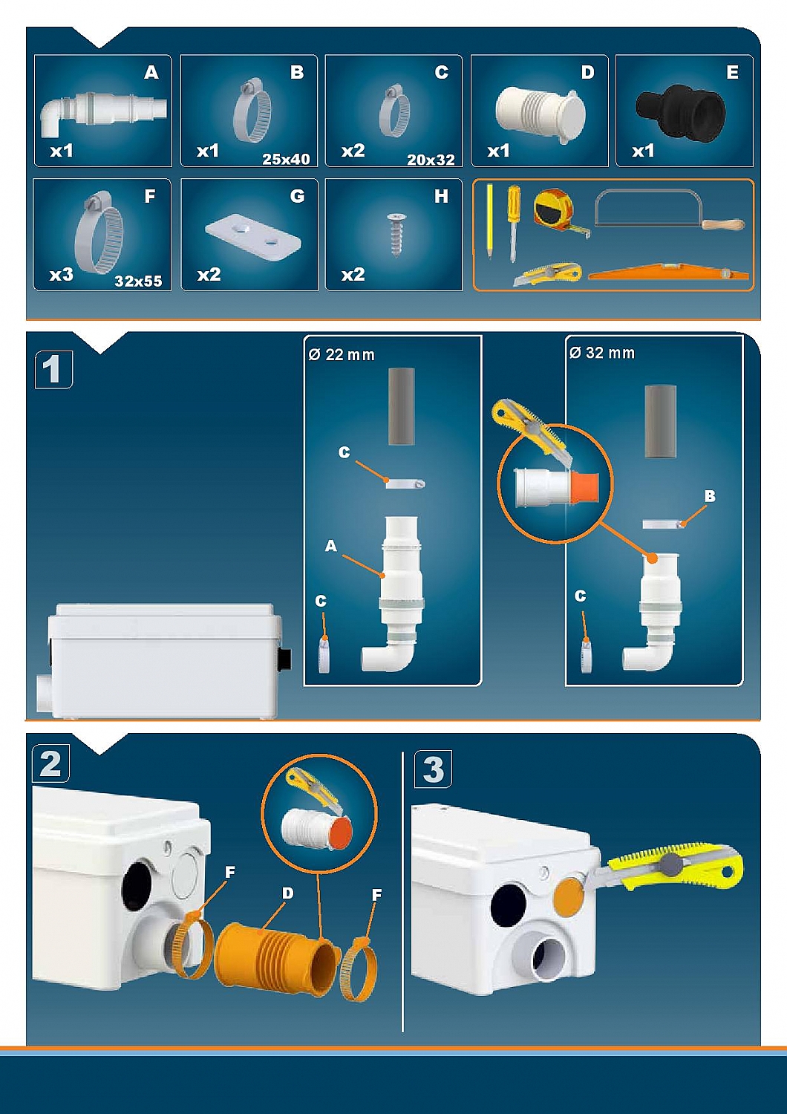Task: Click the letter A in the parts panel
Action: tap(151, 73)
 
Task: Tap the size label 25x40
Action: tap(286, 159)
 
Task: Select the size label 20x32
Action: tap(431, 160)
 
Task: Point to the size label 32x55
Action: tap(138, 281)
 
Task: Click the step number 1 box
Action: tap(53, 369)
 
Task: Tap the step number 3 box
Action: tap(433, 769)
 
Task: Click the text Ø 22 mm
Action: tap(341, 354)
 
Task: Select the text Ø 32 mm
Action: tap(602, 353)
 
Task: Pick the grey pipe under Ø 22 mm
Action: tap(401, 407)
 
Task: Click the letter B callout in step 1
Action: tap(710, 496)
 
